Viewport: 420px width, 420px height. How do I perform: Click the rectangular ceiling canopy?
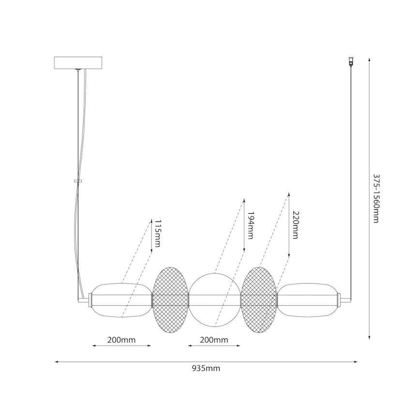78,63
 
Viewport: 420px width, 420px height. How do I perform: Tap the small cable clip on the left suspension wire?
77,181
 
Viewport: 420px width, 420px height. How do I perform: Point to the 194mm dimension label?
250,225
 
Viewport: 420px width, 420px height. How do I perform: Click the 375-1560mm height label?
376,198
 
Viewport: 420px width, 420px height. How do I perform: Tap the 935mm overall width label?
206,368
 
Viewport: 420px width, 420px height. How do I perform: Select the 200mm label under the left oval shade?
121,340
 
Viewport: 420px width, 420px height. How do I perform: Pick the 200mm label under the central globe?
214,340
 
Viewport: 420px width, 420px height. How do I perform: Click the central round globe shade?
214,300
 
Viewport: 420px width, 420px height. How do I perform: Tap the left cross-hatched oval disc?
170,300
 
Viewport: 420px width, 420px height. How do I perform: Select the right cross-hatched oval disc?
259,300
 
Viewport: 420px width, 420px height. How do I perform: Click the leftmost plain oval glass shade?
121,300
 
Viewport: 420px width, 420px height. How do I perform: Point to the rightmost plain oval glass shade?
308,300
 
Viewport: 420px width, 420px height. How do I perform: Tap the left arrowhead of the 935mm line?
57,361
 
